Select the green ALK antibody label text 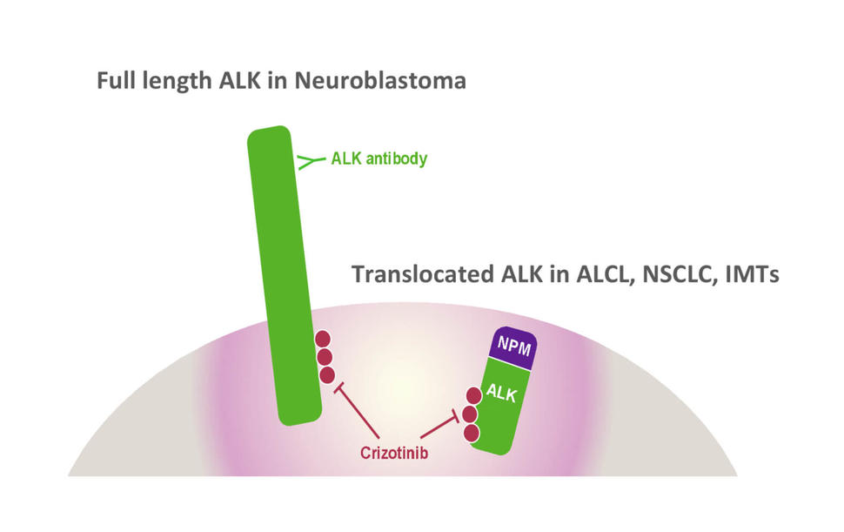click(379, 159)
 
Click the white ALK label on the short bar click(502, 395)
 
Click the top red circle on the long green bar click(323, 339)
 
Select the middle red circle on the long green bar click(325, 357)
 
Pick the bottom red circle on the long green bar click(327, 375)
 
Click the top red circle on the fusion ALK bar click(475, 396)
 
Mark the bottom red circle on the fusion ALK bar click(472, 433)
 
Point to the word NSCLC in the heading click(674, 274)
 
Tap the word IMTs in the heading click(754, 274)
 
